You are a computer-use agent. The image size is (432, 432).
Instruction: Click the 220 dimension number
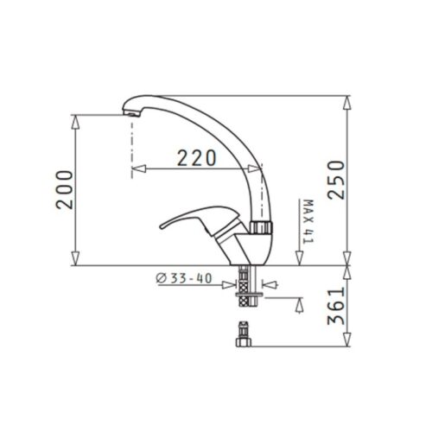(x=196, y=157)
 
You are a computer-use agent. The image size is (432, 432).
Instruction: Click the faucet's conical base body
(x=245, y=250)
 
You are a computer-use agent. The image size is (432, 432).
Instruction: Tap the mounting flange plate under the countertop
(x=249, y=294)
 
